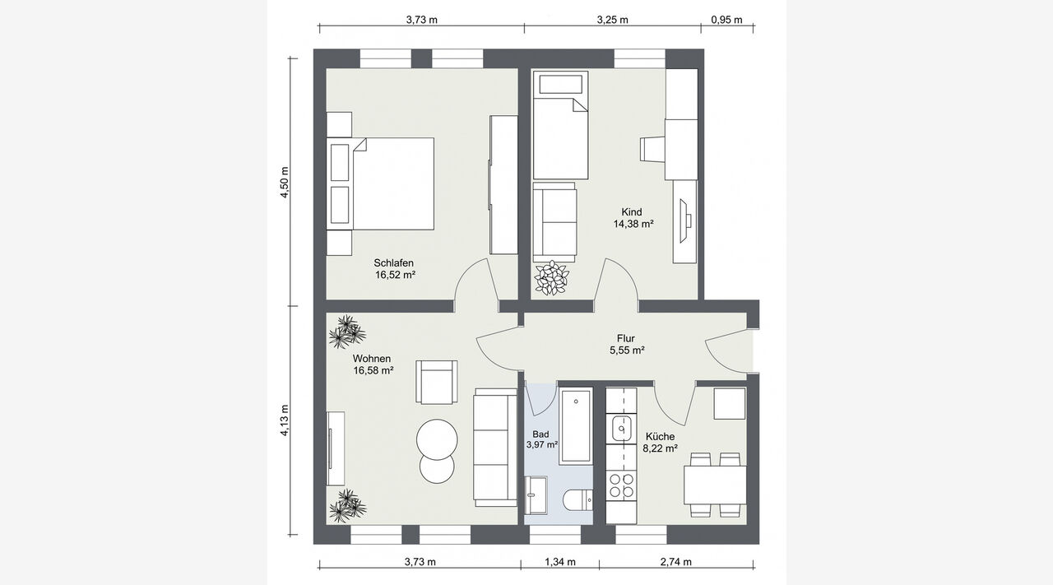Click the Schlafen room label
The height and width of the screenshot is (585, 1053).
coord(393,262)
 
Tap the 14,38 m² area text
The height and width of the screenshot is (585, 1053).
coord(633,224)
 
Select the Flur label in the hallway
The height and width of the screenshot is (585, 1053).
coord(626,338)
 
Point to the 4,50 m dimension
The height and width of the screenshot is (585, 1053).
coord(284,182)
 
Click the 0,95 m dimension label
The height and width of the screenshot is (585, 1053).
coord(726,20)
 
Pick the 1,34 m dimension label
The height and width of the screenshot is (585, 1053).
coord(560,561)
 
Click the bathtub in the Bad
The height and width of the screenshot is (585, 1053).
coord(576,426)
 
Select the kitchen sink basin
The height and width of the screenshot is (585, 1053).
coord(621,428)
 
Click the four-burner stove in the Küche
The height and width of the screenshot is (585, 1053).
coord(621,485)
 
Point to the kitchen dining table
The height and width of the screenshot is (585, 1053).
coord(715,485)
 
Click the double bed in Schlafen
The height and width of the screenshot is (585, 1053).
coord(380,183)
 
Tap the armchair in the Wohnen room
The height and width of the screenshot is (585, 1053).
coord(437,382)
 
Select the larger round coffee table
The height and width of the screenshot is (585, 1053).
coord(437,439)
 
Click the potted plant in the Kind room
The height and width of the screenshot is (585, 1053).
coord(551,278)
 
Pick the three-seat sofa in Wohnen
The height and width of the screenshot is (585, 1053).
coord(495,448)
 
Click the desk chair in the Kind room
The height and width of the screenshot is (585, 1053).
coord(652,150)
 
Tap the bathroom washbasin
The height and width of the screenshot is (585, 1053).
coord(536,495)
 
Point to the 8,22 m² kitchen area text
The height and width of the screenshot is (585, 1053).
coord(660,448)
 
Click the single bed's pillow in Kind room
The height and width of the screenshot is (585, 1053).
coord(560,84)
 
